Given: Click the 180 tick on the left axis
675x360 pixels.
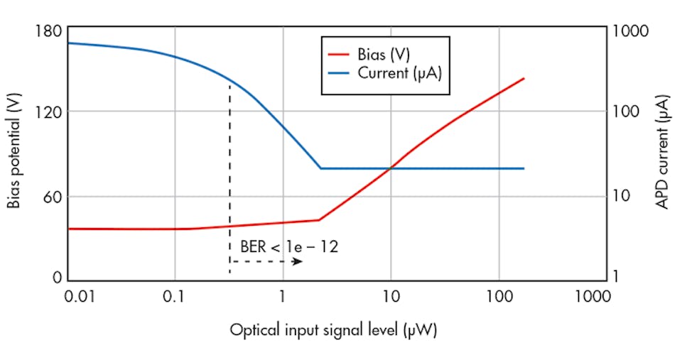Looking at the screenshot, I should click(x=47, y=32).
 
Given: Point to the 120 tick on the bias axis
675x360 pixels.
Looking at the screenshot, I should click(x=47, y=111).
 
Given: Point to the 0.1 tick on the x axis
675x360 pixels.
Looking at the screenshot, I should click(x=175, y=295).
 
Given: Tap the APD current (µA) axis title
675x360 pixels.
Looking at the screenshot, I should click(x=662, y=153).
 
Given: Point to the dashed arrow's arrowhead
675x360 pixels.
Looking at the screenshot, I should click(x=299, y=262).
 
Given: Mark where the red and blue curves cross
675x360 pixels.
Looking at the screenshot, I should click(x=391, y=168).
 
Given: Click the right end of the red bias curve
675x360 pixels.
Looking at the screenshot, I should click(x=524, y=78).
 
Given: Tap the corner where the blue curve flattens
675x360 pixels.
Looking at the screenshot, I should click(x=321, y=168).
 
